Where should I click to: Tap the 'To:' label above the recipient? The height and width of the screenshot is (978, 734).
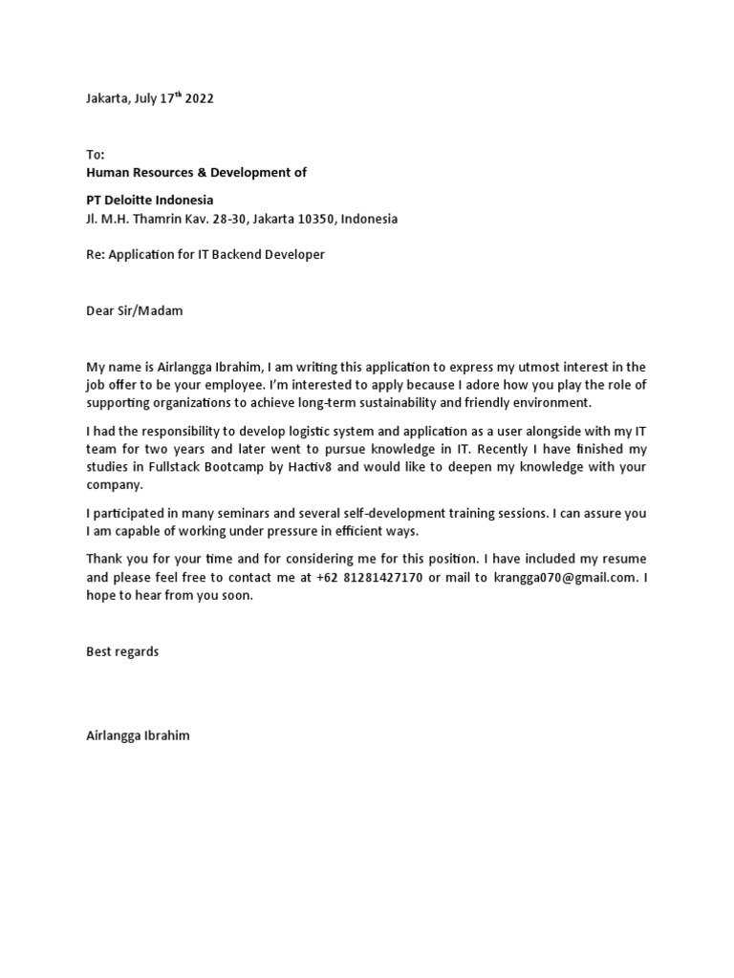[x=96, y=155]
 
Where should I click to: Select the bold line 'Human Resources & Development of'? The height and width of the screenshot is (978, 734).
[x=197, y=173]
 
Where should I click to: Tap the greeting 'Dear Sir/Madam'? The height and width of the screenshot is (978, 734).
[x=134, y=310]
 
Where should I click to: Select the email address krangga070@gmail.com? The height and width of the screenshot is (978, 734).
[x=564, y=577]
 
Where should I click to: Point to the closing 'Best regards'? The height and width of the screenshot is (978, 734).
[x=123, y=651]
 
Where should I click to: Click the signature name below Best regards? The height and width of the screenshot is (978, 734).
[x=138, y=735]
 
